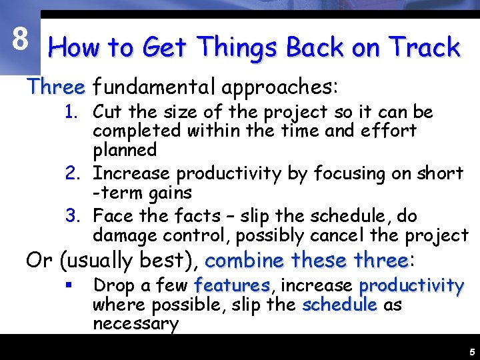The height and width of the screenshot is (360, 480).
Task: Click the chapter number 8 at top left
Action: [20, 41]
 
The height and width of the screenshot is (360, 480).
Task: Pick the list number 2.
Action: [73, 174]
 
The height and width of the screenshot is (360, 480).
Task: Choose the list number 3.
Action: [73, 216]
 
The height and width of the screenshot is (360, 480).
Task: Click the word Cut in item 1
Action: [107, 112]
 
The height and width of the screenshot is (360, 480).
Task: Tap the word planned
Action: [125, 151]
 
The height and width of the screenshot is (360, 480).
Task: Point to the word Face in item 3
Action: [111, 216]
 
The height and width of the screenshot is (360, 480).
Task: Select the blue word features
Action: [231, 286]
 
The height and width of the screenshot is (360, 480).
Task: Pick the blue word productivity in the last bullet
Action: [411, 286]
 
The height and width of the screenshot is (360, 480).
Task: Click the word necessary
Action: [136, 324]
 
